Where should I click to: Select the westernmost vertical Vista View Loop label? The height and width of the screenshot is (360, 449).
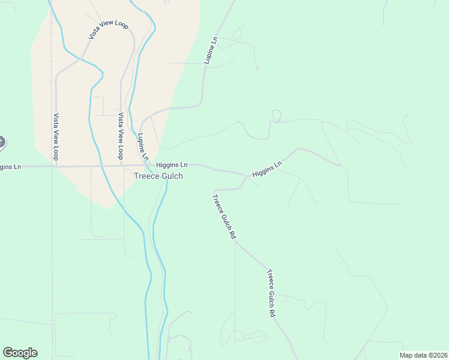[56, 137]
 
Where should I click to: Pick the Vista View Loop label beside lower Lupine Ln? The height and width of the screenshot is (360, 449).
[121, 136]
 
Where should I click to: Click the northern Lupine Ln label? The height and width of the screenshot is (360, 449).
[209, 50]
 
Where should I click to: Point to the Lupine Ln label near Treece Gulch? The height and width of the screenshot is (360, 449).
[143, 146]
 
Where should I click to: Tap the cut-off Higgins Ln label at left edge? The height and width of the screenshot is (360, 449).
[10, 166]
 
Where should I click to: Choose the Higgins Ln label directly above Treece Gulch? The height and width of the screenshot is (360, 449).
[172, 164]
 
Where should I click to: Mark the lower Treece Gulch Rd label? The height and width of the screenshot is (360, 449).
[271, 293]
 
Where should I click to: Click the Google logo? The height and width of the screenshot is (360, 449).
[20, 353]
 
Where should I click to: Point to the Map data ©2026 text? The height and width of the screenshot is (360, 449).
[423, 355]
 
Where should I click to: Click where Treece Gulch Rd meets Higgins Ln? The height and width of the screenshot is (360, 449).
[247, 176]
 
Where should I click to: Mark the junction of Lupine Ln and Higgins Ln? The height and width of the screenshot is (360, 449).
[148, 166]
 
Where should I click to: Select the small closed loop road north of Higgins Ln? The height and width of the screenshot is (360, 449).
[277, 116]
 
